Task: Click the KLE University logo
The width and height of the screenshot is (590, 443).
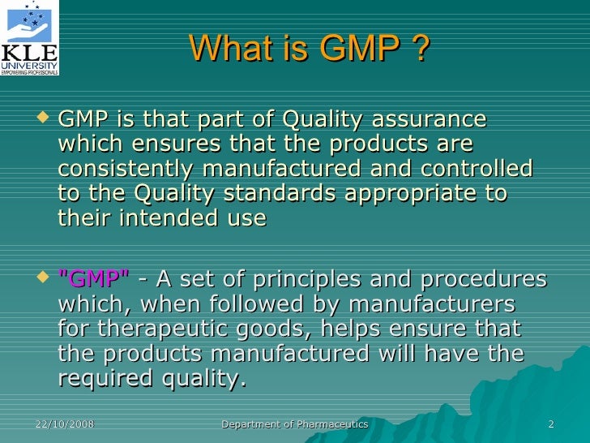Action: [30, 38]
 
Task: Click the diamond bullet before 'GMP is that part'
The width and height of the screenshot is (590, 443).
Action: [44, 120]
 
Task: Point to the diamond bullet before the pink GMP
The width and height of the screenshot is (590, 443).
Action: [44, 280]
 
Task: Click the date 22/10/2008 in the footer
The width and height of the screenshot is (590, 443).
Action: [64, 425]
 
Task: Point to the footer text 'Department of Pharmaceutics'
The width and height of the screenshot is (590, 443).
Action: [295, 425]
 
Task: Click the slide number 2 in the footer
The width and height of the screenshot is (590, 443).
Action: [551, 425]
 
